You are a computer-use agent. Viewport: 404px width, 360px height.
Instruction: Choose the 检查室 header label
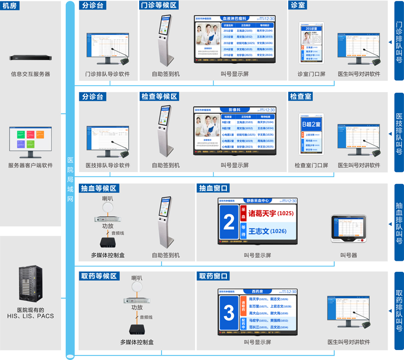click(x=301, y=96)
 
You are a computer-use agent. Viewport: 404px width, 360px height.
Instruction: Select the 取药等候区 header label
click(x=99, y=276)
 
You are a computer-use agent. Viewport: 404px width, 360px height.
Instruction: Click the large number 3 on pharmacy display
click(x=229, y=313)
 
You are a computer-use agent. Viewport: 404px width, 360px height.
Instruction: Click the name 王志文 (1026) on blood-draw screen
click(x=267, y=231)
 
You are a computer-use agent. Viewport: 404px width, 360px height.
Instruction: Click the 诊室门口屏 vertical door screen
click(x=312, y=42)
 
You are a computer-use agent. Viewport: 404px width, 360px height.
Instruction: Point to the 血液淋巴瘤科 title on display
click(x=241, y=18)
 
